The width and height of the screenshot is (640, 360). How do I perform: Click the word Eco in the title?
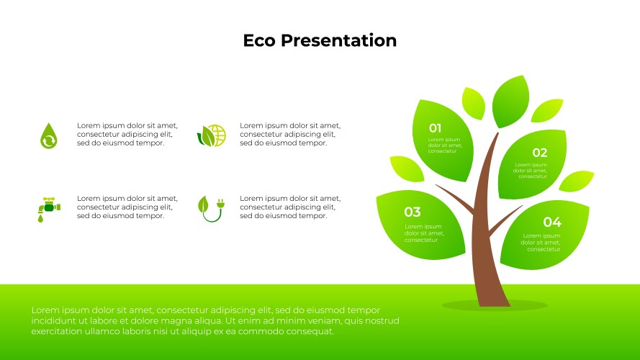tap(258, 40)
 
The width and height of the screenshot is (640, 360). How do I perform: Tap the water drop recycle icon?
tap(48, 135)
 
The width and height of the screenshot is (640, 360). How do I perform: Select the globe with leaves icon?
tap(212, 135)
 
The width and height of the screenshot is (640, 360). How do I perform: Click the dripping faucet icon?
tap(49, 207)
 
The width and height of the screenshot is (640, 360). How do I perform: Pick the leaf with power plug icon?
tap(209, 207)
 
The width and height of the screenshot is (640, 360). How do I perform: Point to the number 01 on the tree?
tap(435, 128)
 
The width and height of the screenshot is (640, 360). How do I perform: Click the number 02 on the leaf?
tap(539, 153)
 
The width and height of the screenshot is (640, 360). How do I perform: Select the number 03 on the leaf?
tap(412, 212)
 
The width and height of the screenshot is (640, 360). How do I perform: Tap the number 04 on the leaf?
tap(551, 222)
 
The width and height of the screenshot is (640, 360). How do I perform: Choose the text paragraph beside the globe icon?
tap(289, 134)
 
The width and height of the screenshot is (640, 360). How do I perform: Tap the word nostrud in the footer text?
tap(381, 320)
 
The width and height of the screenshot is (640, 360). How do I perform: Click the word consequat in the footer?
tap(310, 331)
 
